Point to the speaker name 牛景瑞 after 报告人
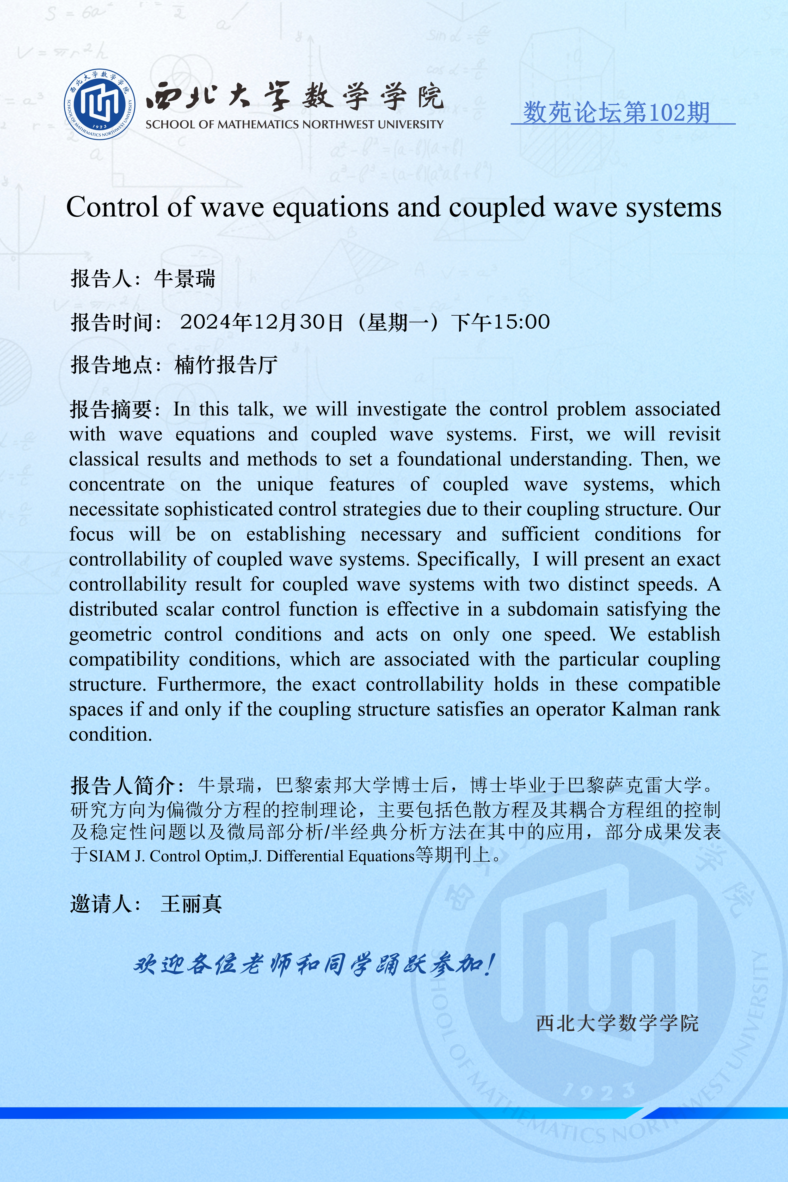point(184,278)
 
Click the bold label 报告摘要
point(110,409)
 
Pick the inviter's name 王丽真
point(191,904)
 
